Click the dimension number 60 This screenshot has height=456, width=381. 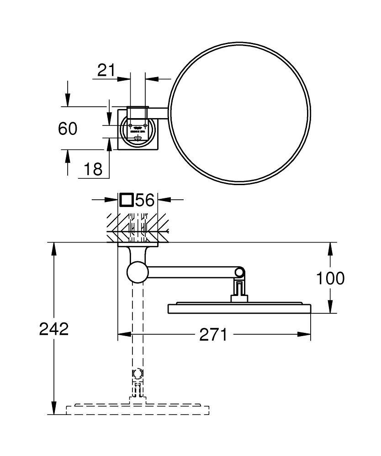pos(68,129)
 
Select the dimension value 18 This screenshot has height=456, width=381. pos(93,169)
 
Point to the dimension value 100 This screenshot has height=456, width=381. pos(330,277)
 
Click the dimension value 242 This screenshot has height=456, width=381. pos(54,328)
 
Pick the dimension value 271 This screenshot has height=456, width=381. pos(213,335)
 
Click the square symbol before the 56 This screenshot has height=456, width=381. pos(127,200)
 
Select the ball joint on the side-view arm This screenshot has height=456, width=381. pos(138,273)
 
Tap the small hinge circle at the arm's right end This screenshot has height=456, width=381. pos(240,273)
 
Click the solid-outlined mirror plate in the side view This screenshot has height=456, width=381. pos(240,308)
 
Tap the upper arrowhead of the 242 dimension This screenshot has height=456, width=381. pos(54,246)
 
